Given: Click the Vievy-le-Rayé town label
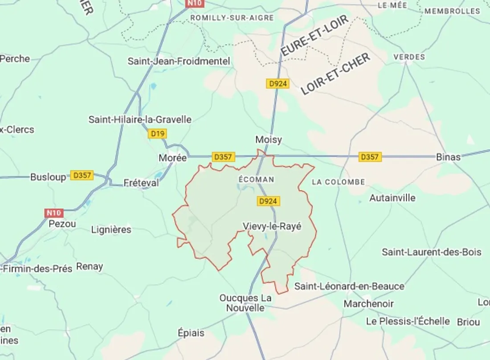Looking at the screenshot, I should (272, 226).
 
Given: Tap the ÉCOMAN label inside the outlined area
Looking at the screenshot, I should (256, 179).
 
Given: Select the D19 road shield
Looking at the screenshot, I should (157, 133).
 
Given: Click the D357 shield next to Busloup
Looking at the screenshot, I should (82, 176).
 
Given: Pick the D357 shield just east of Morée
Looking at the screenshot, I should (223, 157).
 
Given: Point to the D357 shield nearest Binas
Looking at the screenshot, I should (370, 157).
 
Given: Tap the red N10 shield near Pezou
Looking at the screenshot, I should (54, 213).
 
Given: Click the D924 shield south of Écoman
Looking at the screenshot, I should (268, 201).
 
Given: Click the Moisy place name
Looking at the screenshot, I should (269, 140).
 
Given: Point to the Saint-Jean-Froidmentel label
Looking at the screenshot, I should (179, 61).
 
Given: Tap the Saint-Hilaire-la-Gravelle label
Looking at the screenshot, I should (140, 119).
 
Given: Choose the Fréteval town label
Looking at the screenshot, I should (141, 183).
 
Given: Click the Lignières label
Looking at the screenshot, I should (111, 230).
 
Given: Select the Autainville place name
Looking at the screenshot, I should (392, 198).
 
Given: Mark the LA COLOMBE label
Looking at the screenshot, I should (339, 182).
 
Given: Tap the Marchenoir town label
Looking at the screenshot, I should (369, 304).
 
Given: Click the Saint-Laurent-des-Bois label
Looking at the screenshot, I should (432, 252).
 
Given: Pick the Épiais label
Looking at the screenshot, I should (191, 333).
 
